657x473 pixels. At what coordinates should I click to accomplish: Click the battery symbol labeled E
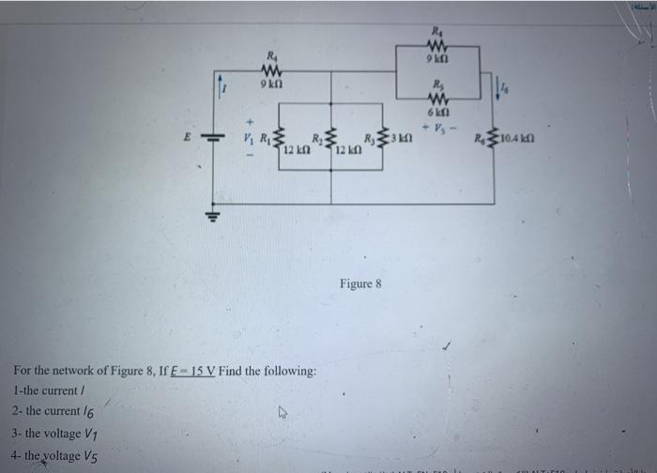click(214, 137)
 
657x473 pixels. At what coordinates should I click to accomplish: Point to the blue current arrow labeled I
click(221, 86)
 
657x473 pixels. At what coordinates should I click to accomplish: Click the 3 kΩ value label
click(404, 141)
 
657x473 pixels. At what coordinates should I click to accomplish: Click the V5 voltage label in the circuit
click(435, 126)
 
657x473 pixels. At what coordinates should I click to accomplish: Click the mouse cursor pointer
click(280, 410)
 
